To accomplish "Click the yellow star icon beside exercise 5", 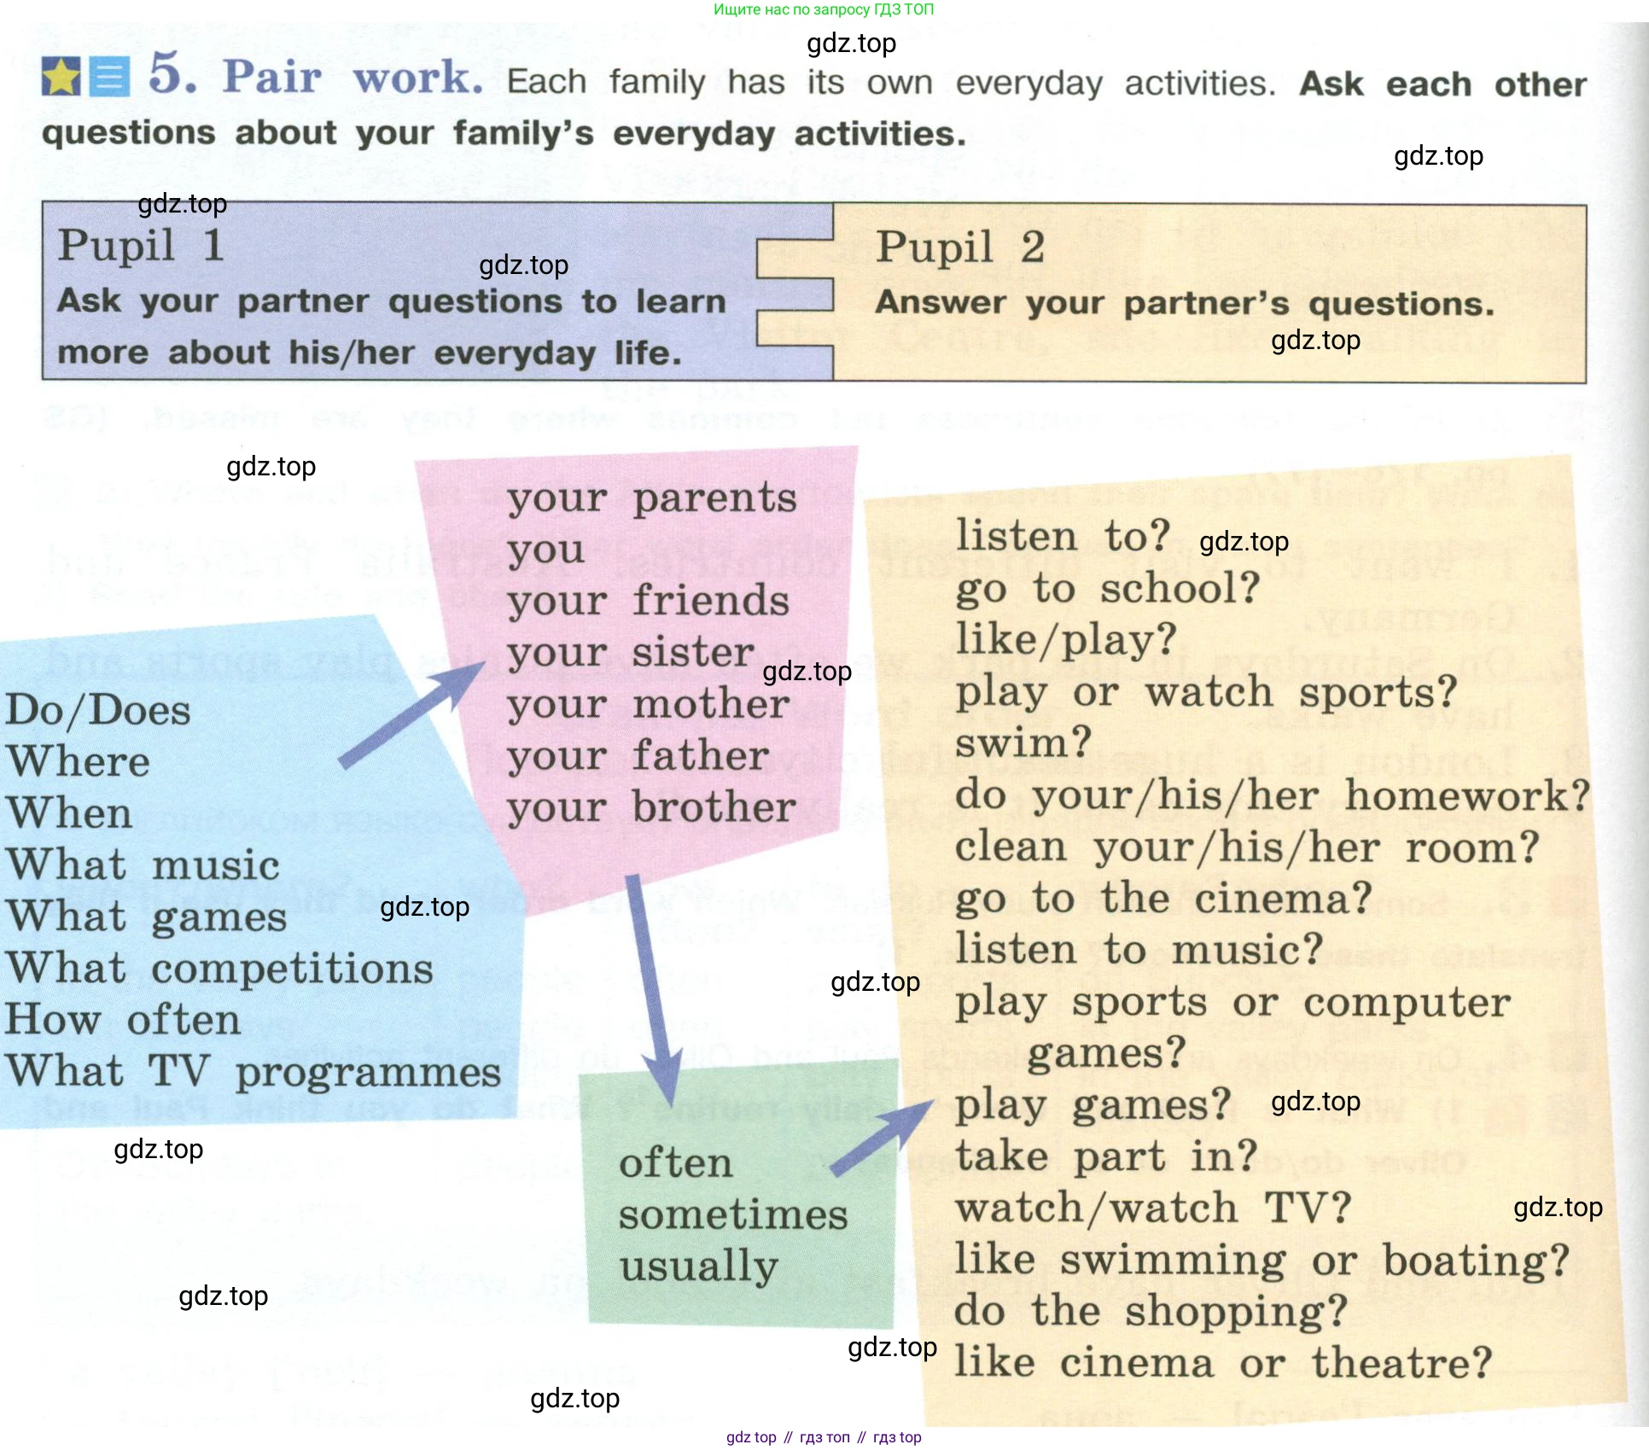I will (x=61, y=77).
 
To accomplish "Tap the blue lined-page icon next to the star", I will (x=110, y=78).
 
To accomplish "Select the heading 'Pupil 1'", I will (x=141, y=246).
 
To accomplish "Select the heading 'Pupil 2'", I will (x=959, y=247).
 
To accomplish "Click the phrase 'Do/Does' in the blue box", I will (x=98, y=710).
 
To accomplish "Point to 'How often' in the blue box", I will (x=123, y=1020).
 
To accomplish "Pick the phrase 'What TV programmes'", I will (x=253, y=1072).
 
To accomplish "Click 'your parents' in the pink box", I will (x=651, y=498).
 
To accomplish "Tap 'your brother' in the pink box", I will (x=651, y=807).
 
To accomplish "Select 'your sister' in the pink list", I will (x=631, y=653).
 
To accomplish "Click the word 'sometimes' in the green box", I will (x=733, y=1214).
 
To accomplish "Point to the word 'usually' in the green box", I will (x=698, y=1267).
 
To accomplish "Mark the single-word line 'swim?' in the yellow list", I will (x=1023, y=743).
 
